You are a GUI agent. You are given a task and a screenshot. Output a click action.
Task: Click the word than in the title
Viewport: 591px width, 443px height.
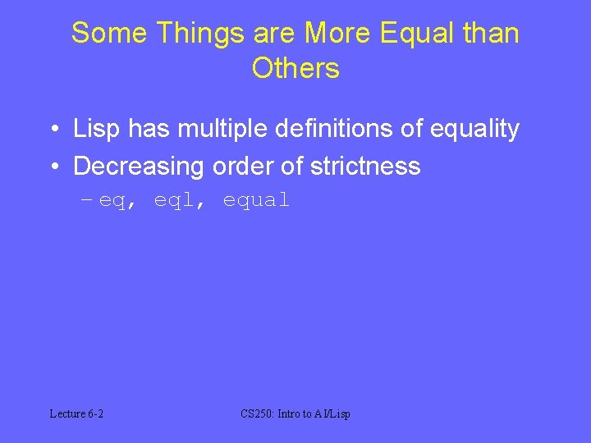point(490,34)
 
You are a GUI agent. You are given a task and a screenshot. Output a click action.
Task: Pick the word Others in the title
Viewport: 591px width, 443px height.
point(295,69)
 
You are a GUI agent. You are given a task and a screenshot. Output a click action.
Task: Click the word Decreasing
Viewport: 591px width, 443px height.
point(139,167)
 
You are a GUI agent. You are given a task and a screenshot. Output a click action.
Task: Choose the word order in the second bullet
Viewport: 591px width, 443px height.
point(245,167)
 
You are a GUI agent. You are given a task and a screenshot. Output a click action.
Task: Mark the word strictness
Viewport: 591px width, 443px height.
point(365,167)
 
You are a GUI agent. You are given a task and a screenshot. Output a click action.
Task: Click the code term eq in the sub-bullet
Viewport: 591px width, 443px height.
point(112,201)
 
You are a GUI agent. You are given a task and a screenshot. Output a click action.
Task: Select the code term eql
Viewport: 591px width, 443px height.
point(174,200)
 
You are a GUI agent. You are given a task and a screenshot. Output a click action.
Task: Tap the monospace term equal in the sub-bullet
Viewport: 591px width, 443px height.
point(256,200)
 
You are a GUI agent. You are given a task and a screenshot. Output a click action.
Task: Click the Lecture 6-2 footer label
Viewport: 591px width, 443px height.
point(76,414)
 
